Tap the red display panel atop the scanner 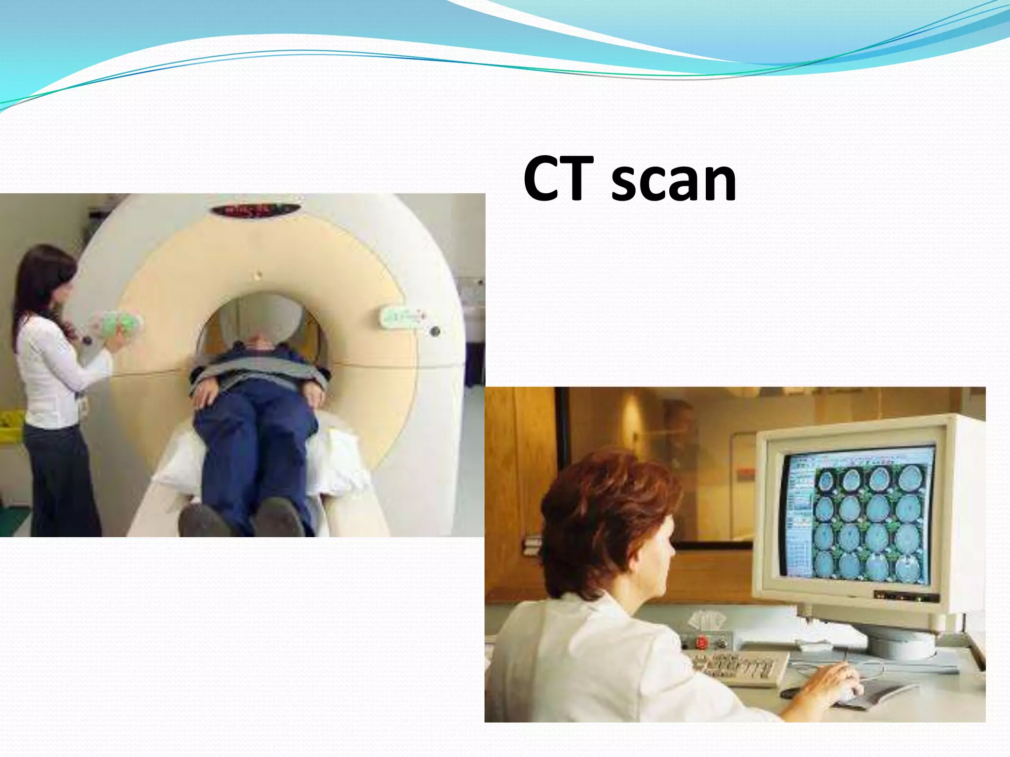[255, 210]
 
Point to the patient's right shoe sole [202, 521]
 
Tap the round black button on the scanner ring [434, 331]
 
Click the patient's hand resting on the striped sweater [205, 394]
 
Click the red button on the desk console [702, 642]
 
